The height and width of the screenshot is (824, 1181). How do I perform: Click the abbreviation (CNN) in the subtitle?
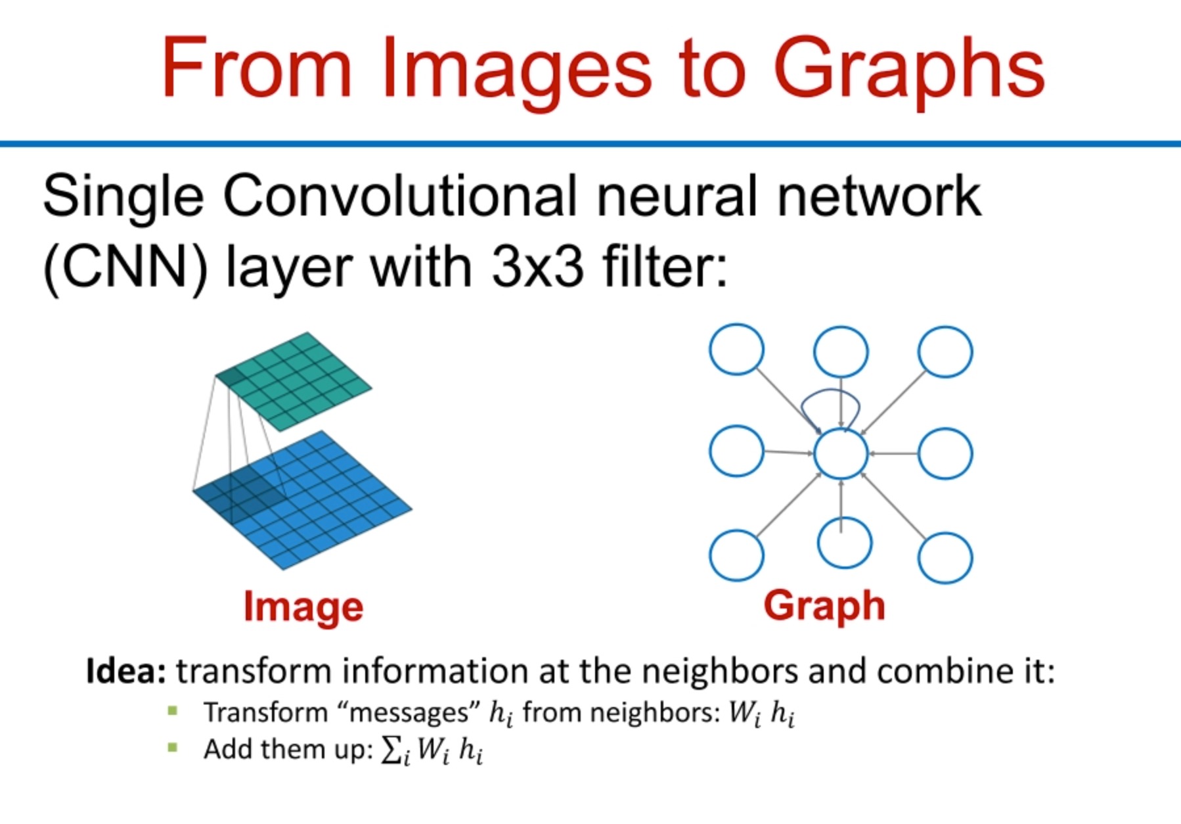coord(125,268)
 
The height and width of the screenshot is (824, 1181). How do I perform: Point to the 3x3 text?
coord(537,268)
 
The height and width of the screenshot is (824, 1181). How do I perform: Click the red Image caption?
coord(303,607)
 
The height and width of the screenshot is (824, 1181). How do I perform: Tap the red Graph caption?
coord(824,605)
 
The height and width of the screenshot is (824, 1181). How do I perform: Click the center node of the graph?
coord(841,453)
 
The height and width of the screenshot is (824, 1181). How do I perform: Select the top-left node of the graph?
coord(736,350)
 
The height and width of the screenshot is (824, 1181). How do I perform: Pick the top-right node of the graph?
coord(945,352)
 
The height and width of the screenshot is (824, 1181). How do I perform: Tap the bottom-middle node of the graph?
coord(845,543)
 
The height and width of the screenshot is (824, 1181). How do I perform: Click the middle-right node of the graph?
coord(945,453)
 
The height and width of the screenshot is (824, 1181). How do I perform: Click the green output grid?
coord(294,381)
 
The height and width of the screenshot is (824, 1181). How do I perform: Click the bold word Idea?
coord(125,672)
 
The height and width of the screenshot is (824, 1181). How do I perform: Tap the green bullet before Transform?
coord(173,711)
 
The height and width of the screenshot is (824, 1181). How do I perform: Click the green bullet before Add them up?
coord(173,747)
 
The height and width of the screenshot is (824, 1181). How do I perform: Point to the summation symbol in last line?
coord(392,750)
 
